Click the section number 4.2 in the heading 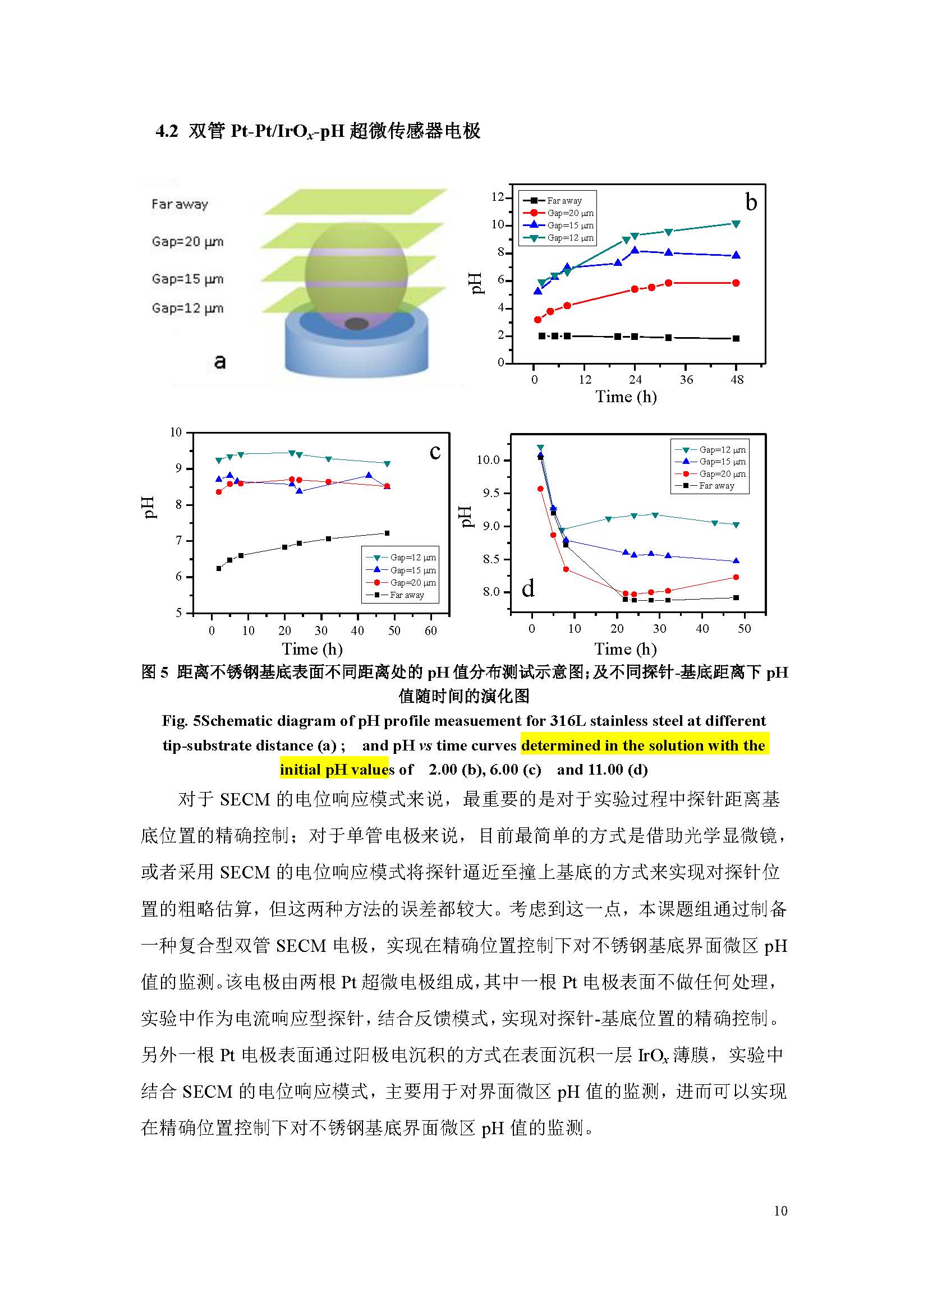click(166, 131)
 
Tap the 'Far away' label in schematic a click(180, 204)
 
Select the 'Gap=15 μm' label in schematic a click(187, 279)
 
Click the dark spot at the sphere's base click(356, 324)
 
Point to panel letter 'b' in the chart click(751, 202)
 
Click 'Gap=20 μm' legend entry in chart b click(569, 213)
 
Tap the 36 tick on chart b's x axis click(686, 379)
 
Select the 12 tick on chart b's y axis click(497, 197)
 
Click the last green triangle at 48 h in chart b click(736, 224)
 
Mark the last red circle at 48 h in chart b click(736, 283)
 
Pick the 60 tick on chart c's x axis click(430, 630)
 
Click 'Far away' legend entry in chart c click(407, 595)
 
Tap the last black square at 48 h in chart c click(387, 533)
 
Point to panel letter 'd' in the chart click(528, 588)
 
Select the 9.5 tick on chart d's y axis click(490, 493)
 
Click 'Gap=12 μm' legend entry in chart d click(722, 450)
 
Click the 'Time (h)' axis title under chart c click(312, 649)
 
